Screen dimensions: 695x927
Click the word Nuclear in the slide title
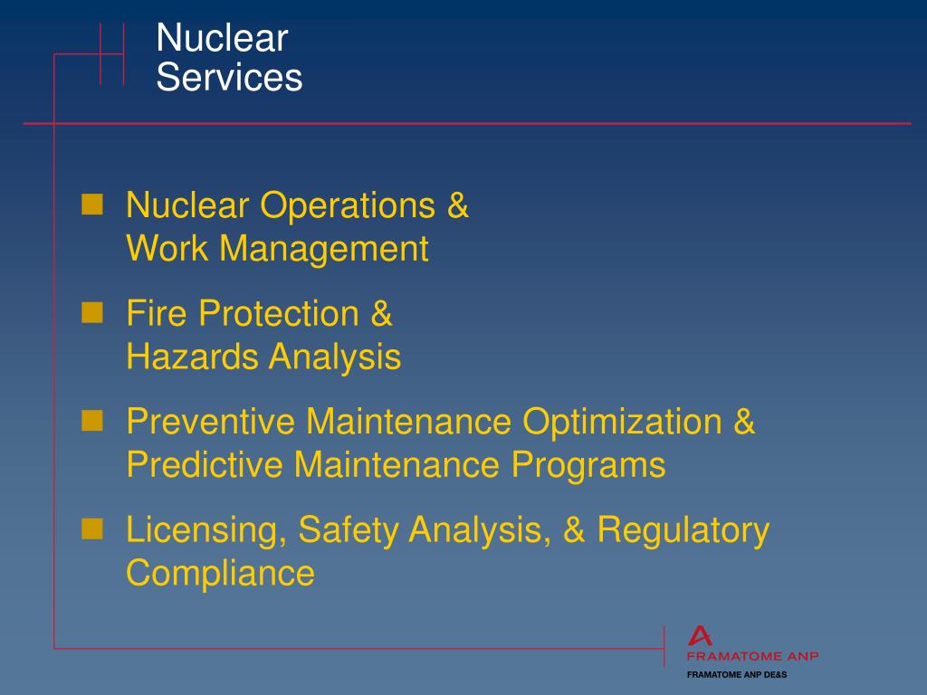pos(222,39)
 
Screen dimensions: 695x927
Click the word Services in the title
pos(229,78)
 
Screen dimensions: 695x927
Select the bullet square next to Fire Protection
pos(91,313)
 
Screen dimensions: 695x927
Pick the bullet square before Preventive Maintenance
pos(91,421)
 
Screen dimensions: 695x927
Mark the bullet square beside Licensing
pos(91,528)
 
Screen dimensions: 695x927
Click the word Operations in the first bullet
pos(348,206)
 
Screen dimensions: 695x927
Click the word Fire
pos(158,314)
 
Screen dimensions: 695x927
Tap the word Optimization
pos(622,422)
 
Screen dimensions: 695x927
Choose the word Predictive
pos(205,465)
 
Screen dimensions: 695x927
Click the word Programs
pos(588,465)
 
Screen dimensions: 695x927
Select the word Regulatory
pos(682,530)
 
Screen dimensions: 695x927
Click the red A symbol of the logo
pos(700,636)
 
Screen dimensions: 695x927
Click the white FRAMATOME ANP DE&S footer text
pos(737,675)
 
